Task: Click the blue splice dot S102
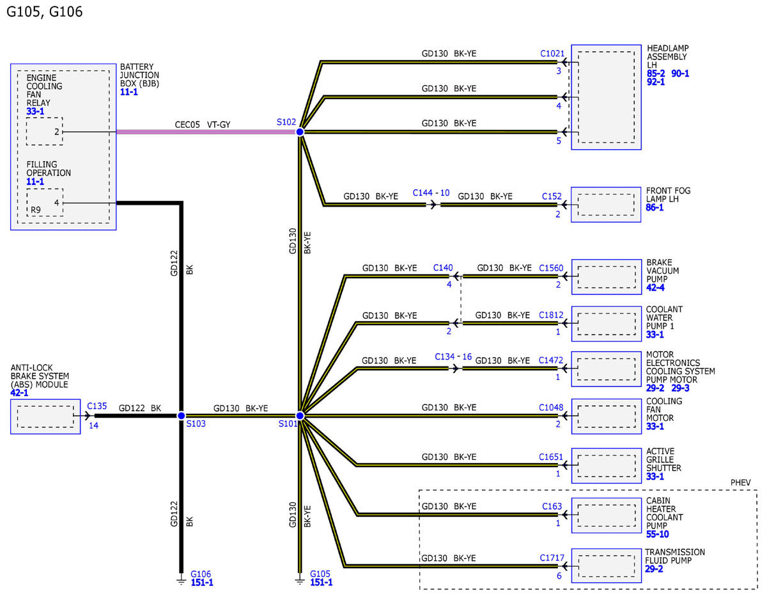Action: [300, 132]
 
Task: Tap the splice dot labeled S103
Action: [181, 416]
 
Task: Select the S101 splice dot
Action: [300, 416]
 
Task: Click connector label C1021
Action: [552, 53]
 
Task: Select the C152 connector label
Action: [552, 196]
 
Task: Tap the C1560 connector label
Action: [551, 268]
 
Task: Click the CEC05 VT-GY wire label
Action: [202, 125]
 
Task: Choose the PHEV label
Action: [740, 482]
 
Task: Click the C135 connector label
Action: [97, 406]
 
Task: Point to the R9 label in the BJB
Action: [36, 210]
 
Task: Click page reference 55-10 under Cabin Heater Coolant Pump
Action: [657, 534]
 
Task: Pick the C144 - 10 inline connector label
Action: [431, 193]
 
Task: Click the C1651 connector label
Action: [550, 457]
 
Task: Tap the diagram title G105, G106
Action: [45, 12]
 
